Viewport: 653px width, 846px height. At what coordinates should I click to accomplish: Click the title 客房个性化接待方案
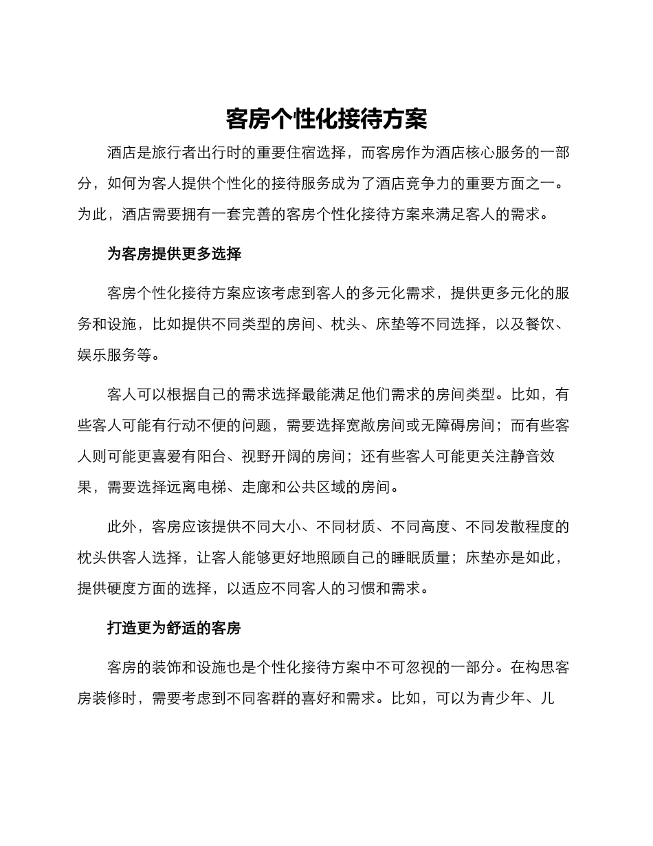click(326, 119)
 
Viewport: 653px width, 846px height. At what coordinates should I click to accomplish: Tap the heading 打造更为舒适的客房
click(174, 628)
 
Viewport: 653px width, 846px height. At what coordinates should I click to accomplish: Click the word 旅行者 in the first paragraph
click(175, 153)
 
